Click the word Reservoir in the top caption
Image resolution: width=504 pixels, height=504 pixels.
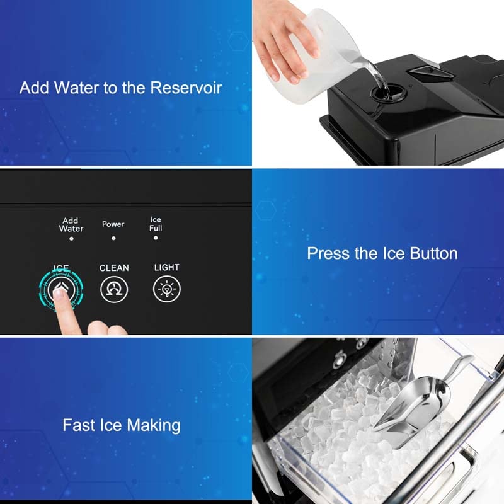coord(186,88)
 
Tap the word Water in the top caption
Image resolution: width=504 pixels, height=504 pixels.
coord(76,88)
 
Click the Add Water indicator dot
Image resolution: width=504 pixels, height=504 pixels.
coord(71,239)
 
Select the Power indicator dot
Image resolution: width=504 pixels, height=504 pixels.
coord(113,238)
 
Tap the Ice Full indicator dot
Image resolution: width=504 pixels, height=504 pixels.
coord(156,238)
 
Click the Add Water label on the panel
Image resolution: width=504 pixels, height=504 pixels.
coord(71,224)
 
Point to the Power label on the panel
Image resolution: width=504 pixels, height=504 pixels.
coord(113,224)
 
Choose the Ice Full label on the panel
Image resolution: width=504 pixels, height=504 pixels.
coord(156,224)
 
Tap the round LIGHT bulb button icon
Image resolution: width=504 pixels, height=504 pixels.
coord(167,289)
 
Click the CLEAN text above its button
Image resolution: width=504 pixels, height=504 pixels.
coord(114,268)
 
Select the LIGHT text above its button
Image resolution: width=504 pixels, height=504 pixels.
coord(167,267)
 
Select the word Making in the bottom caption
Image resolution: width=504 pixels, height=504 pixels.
coord(154,426)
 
